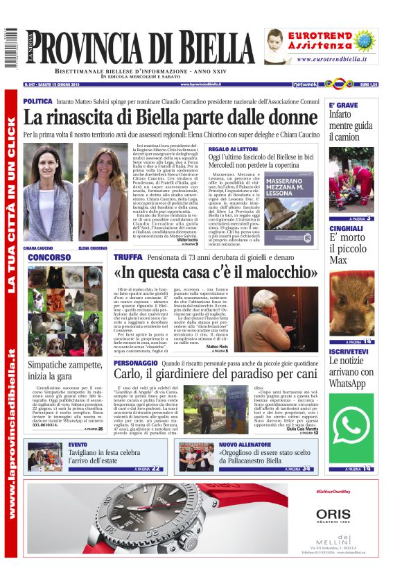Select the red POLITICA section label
pyautogui.click(x=37, y=101)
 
